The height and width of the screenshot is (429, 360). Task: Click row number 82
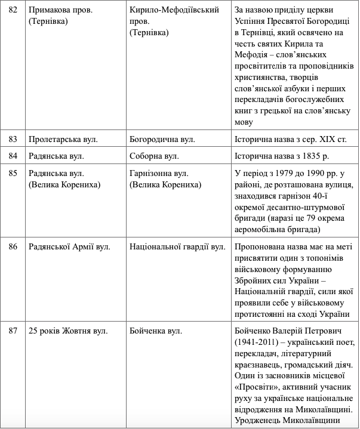13,10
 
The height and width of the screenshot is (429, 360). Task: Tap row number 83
13,139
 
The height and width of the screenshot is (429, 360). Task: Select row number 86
13,246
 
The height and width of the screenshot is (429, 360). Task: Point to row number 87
13,331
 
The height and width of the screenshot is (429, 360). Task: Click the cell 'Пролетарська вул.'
63,139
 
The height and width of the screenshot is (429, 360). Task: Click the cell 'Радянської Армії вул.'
69,246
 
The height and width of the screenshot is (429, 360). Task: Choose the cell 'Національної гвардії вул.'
177,246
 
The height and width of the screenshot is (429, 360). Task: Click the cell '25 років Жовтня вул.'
68,331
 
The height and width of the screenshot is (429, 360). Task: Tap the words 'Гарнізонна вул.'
159,173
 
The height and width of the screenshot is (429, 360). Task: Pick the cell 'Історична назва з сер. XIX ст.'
291,139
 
